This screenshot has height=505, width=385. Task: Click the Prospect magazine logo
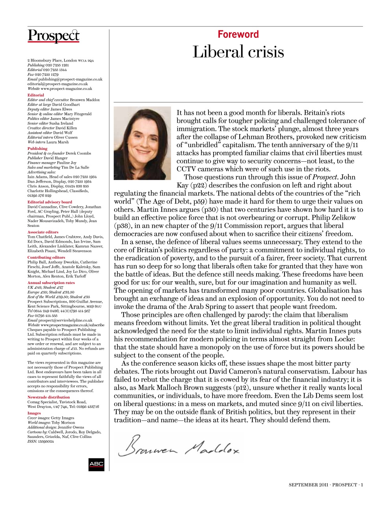click(x=54, y=36)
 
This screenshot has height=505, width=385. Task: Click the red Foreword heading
click(x=238, y=34)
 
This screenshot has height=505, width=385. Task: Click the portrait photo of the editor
click(x=142, y=143)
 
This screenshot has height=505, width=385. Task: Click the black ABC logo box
click(x=96, y=464)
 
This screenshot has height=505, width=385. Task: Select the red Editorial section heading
click(x=36, y=95)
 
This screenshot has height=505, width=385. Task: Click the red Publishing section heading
click(x=37, y=148)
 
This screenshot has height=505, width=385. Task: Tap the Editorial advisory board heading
click(x=50, y=202)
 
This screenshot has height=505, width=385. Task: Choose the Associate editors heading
click(x=43, y=232)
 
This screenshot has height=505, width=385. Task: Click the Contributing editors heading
click(x=46, y=257)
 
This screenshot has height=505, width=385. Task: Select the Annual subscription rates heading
click(x=51, y=282)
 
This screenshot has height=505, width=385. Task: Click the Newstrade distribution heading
click(x=48, y=397)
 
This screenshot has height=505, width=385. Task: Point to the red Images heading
click(x=34, y=413)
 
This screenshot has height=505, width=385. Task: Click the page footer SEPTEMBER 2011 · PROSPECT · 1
click(x=325, y=485)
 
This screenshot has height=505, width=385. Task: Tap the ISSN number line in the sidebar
click(x=41, y=441)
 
